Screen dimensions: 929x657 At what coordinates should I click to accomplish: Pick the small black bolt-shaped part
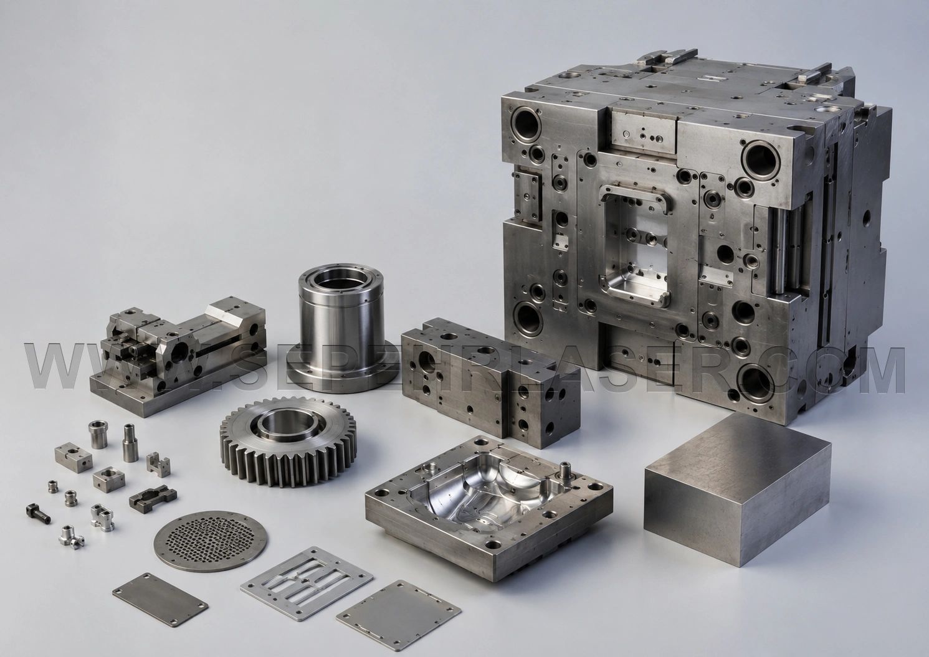(x=38, y=513)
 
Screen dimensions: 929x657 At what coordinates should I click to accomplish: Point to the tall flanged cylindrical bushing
(x=341, y=329)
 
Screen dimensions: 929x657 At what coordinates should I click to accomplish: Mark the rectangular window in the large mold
(x=635, y=247)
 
